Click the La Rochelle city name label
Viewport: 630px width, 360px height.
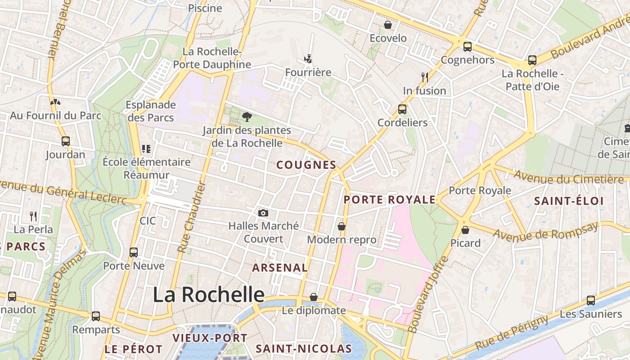pyautogui.click(x=208, y=295)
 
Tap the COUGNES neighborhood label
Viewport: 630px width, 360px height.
pyautogui.click(x=306, y=165)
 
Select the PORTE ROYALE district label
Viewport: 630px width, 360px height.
pyautogui.click(x=390, y=200)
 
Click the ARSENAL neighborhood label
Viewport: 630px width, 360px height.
pyautogui.click(x=280, y=268)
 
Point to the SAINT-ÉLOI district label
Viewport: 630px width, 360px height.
pyautogui.click(x=569, y=201)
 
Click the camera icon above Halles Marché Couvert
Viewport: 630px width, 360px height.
pyautogui.click(x=263, y=213)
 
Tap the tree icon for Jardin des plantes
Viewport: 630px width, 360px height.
pyautogui.click(x=247, y=117)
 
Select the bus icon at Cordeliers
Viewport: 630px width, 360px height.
pyautogui.click(x=402, y=109)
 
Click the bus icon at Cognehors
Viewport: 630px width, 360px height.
pyautogui.click(x=468, y=46)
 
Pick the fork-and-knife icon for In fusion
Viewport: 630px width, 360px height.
pyautogui.click(x=424, y=77)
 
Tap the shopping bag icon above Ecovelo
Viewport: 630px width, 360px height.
pyautogui.click(x=388, y=25)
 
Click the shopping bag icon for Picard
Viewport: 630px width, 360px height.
pyautogui.click(x=465, y=230)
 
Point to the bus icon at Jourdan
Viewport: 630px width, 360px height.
pyautogui.click(x=66, y=141)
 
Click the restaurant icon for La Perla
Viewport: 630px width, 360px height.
pyautogui.click(x=33, y=216)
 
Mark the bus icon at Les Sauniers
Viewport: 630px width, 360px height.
pyautogui.click(x=591, y=300)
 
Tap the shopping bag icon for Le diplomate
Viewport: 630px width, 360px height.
pyautogui.click(x=314, y=297)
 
